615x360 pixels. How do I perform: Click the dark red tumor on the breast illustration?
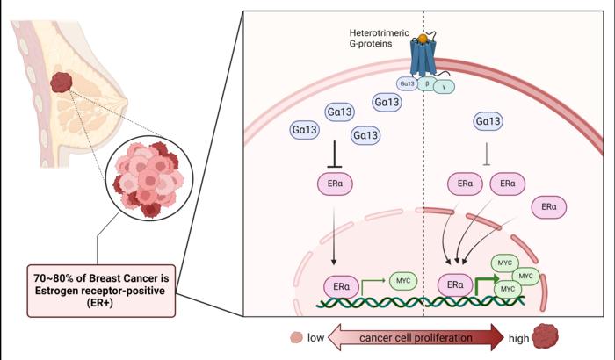(x=62, y=83)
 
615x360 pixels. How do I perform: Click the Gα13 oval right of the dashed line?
(x=489, y=120)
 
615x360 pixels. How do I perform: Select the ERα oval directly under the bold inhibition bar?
(x=334, y=184)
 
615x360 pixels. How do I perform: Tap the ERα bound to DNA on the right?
(x=454, y=285)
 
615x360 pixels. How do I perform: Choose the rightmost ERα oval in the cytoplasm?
(x=549, y=206)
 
